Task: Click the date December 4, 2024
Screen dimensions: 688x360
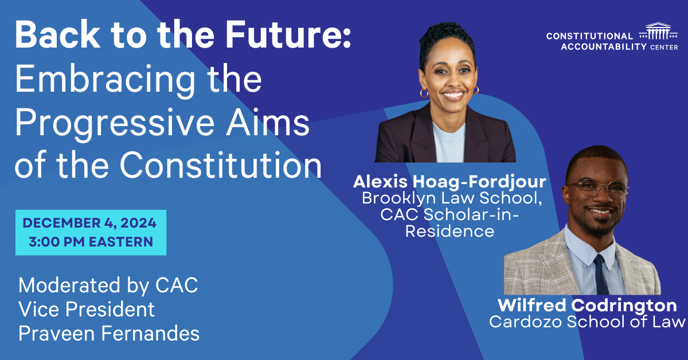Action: pos(89,223)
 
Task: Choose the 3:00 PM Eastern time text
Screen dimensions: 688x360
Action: pos(91,242)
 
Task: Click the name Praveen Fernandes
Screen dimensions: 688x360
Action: pos(109,334)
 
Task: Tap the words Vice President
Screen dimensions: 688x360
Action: pos(87,309)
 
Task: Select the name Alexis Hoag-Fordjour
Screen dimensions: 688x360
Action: pos(449,182)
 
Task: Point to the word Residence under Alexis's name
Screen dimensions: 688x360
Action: pos(449,231)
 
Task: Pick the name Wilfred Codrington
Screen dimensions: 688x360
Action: pos(587,306)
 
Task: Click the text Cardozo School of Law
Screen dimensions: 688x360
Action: pos(587,322)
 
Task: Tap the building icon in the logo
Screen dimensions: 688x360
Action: pos(658,31)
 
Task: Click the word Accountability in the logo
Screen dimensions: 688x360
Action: pos(604,46)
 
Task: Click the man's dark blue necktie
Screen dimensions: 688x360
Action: pos(601,275)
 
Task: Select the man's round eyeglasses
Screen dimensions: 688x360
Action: pos(597,188)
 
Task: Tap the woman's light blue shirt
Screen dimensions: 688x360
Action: pos(449,142)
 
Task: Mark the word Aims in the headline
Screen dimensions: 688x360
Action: pos(268,122)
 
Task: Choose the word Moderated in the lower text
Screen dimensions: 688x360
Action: pos(69,285)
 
